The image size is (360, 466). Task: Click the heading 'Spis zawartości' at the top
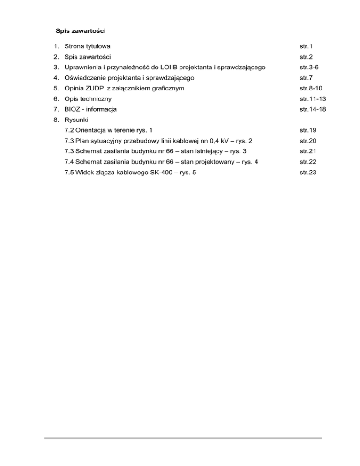(81, 31)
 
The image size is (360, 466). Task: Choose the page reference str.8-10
(312, 88)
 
